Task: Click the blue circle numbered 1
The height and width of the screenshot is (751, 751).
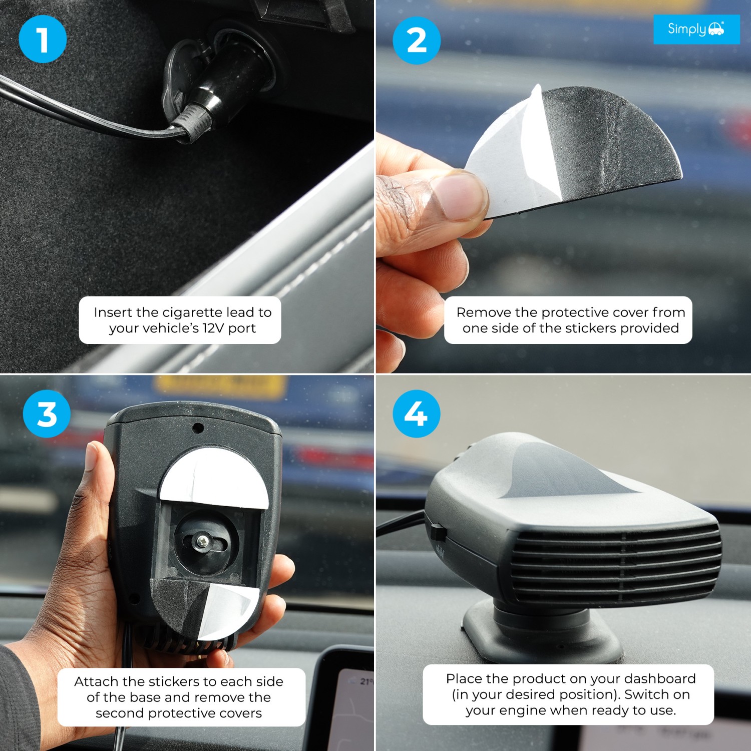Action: pyautogui.click(x=43, y=39)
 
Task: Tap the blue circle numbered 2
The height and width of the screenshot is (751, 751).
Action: pyautogui.click(x=417, y=40)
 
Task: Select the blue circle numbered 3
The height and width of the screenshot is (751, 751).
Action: pyautogui.click(x=47, y=414)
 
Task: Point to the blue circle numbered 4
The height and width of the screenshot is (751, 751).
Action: pyautogui.click(x=417, y=414)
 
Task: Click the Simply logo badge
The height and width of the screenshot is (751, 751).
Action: pyautogui.click(x=696, y=29)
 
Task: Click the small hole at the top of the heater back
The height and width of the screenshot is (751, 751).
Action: pyautogui.click(x=198, y=428)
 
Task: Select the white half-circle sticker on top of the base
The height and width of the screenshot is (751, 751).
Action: pyautogui.click(x=214, y=479)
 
